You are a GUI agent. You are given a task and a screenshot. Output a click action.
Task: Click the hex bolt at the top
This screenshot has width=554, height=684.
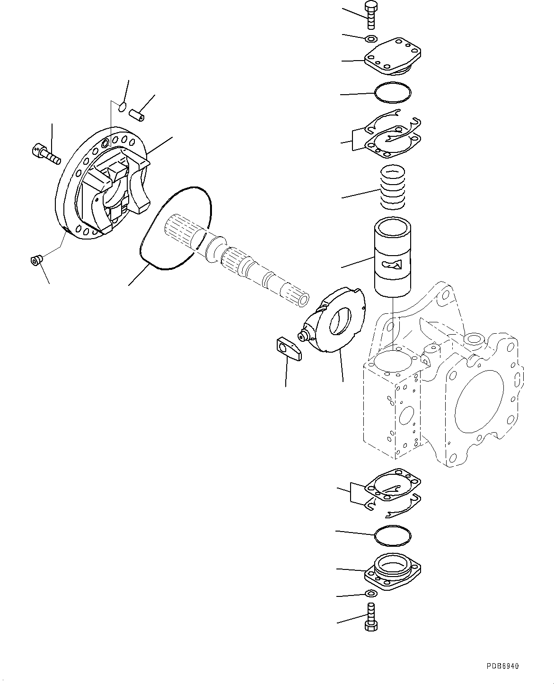370,16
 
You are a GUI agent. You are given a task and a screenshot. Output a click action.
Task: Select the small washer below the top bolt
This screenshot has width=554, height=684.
371,38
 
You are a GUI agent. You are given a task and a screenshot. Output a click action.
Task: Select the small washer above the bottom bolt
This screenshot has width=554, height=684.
371,594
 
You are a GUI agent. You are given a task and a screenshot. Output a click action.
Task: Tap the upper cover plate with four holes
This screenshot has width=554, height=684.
393,59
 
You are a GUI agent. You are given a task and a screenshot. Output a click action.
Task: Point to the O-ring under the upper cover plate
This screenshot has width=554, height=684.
393,92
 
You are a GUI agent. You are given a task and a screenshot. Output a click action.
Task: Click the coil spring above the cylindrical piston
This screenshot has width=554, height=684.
393,187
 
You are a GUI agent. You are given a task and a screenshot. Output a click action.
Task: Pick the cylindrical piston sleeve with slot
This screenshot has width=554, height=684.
393,258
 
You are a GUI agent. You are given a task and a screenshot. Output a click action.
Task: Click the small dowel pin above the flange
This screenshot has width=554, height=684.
137,115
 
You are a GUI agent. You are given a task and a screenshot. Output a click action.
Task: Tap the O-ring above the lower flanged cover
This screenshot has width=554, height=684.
392,535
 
